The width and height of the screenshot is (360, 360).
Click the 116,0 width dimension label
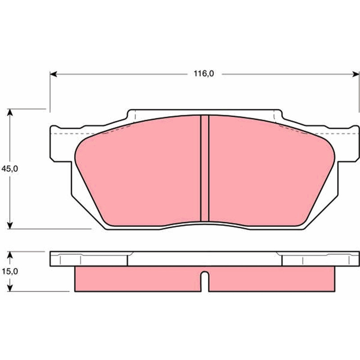[204, 74]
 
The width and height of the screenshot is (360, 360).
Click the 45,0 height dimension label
[9, 169]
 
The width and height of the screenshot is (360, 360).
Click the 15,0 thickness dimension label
[9, 271]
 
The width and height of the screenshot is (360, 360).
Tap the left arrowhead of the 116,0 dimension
[54, 74]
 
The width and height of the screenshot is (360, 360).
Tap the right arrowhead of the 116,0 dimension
[355, 74]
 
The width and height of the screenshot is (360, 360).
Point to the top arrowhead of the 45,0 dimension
[9, 112]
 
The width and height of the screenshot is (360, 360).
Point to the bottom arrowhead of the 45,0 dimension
[9, 225]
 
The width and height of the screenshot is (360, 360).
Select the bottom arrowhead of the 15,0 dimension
[9, 288]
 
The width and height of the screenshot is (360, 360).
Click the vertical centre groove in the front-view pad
[205, 168]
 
